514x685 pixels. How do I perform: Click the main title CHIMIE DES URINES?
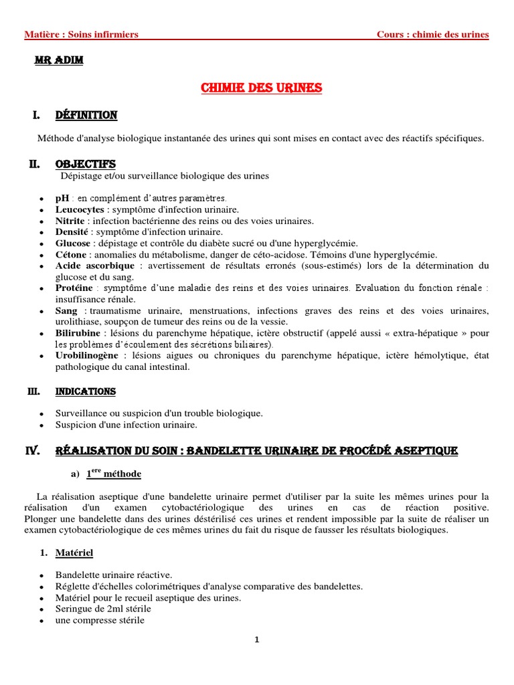point(262,88)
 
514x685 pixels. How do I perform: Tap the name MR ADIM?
point(59,61)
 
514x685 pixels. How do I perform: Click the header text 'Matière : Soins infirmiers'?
point(81,35)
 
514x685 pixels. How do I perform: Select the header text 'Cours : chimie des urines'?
point(432,35)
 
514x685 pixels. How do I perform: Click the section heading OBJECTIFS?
point(86,164)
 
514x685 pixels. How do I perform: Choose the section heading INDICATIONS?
point(86,391)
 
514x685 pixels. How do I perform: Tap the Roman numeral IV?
point(33,452)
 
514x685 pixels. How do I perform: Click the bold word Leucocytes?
point(80,209)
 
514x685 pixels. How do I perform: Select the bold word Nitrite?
point(70,221)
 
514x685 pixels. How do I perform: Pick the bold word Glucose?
point(72,243)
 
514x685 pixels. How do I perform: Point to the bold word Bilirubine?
point(78,333)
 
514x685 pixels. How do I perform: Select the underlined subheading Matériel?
point(74,553)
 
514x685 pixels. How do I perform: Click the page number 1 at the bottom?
point(257,640)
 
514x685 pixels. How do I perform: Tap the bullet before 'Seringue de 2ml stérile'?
point(42,609)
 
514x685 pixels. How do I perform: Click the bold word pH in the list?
point(62,198)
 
